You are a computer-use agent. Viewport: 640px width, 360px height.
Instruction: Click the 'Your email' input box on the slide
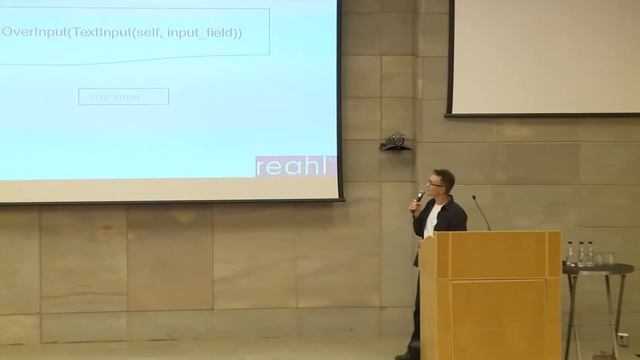tap(123, 97)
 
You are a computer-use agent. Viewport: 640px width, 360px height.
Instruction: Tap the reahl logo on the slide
tap(296, 166)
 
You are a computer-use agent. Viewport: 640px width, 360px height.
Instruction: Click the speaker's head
tap(441, 183)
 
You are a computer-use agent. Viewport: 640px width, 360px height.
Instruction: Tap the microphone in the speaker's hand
tap(419, 198)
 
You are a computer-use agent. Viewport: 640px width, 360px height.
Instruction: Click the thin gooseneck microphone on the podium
tap(481, 211)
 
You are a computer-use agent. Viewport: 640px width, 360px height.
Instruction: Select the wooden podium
tap(490, 295)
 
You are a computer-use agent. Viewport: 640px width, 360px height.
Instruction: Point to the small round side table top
tap(597, 268)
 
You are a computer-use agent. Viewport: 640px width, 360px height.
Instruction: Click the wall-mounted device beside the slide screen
tap(394, 142)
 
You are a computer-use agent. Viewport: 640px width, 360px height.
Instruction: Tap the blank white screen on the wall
tap(545, 57)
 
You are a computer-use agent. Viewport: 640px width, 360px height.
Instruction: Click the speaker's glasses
tap(435, 182)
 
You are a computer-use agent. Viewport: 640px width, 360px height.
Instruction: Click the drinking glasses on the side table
tap(604, 258)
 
